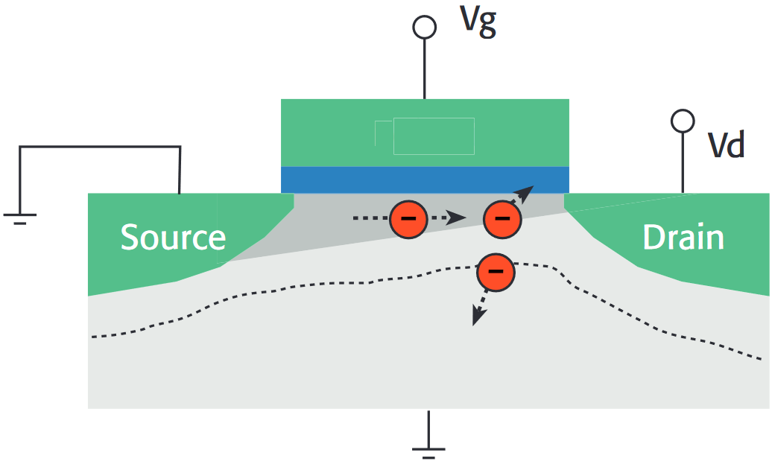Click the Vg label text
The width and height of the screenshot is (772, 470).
pos(478,22)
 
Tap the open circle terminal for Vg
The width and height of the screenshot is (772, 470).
pos(425,27)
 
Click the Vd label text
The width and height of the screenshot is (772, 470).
pos(726,146)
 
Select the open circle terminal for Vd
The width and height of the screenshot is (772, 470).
pos(683,120)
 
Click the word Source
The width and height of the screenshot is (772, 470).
pos(173,238)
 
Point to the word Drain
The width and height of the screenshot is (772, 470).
pos(683,238)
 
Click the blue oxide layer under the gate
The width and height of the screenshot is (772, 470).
pos(425,179)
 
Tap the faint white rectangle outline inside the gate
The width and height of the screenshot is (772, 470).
pos(433,136)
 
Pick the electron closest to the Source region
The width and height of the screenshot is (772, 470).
pos(408,219)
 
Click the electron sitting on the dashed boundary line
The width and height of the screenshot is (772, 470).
pos(496,273)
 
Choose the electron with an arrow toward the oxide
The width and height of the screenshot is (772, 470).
pos(502,219)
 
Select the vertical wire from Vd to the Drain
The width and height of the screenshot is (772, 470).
pos(683,162)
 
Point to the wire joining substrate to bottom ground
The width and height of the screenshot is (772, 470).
pos(428,426)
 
